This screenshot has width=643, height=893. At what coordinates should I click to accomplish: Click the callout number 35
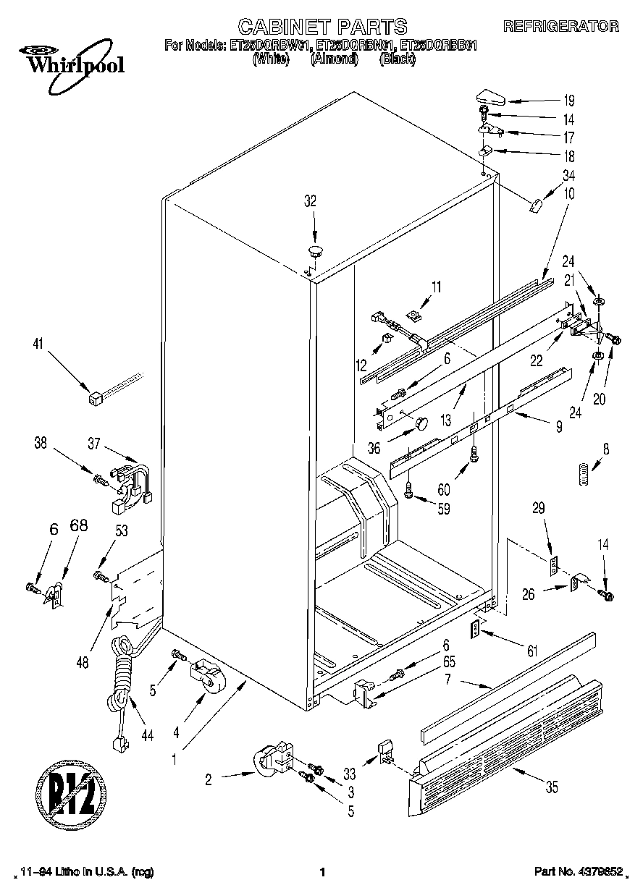552,788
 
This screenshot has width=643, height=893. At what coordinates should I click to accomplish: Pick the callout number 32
310,203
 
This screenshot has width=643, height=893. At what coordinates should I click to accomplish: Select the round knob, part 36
419,423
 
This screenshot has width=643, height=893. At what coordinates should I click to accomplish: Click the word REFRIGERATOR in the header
560,27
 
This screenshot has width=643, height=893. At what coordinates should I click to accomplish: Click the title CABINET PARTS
322,27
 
